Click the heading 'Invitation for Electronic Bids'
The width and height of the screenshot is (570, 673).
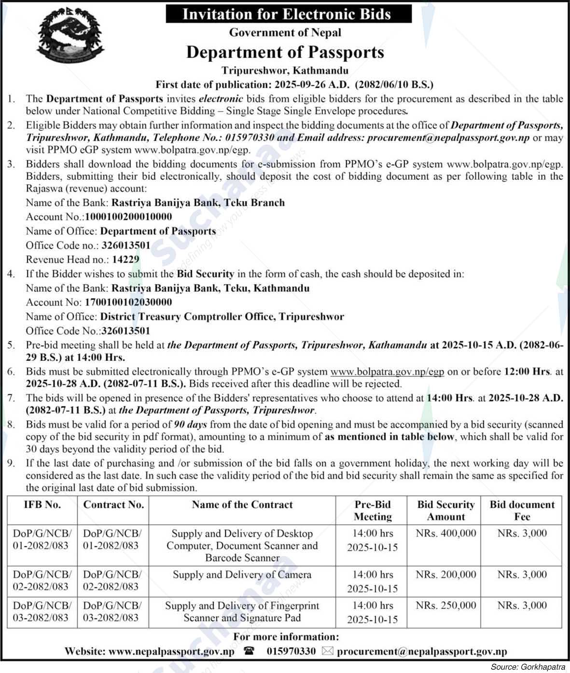pyautogui.click(x=288, y=14)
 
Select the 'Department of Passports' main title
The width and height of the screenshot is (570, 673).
pyautogui.click(x=285, y=52)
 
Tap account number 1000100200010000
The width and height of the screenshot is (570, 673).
pyautogui.click(x=128, y=217)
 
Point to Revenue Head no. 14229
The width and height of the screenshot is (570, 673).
pyautogui.click(x=125, y=259)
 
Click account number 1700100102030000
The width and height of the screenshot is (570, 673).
pyautogui.click(x=128, y=302)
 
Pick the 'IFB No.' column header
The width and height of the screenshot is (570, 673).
pyautogui.click(x=42, y=505)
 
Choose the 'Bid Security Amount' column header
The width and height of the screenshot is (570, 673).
pyautogui.click(x=445, y=511)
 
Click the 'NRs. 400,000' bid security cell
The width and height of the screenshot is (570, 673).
pyautogui.click(x=445, y=533)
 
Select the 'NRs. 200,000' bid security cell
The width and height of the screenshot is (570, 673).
pyautogui.click(x=445, y=574)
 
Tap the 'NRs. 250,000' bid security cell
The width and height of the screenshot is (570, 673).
pyautogui.click(x=445, y=605)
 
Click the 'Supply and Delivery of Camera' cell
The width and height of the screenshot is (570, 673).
pyautogui.click(x=242, y=575)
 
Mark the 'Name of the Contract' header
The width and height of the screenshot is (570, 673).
pyautogui.click(x=242, y=505)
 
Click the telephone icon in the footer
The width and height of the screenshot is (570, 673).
pyautogui.click(x=249, y=651)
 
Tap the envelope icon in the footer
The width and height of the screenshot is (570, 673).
pyautogui.click(x=327, y=651)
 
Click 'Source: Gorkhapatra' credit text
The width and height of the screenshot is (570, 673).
pyautogui.click(x=528, y=667)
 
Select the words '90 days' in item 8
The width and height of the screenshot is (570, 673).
pyautogui.click(x=190, y=425)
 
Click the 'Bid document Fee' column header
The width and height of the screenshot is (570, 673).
pyautogui.click(x=522, y=511)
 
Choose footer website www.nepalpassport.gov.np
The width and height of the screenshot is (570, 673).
pyautogui.click(x=171, y=651)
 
